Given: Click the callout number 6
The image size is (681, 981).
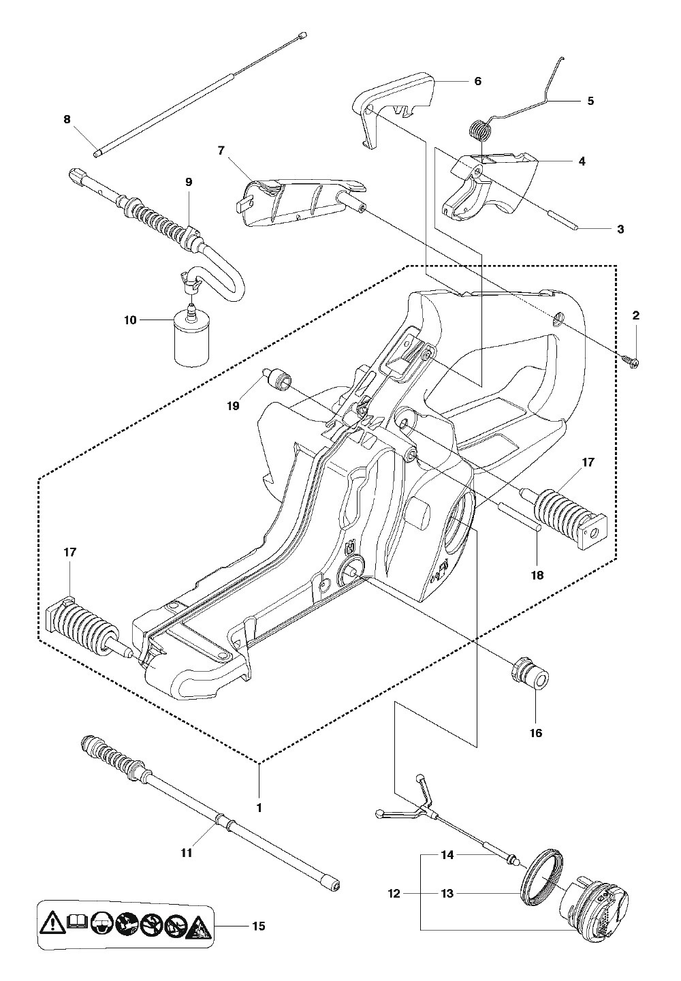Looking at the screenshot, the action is point(477,81).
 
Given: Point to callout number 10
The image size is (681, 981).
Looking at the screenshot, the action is point(130,320).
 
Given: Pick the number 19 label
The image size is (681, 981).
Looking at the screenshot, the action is point(234,406).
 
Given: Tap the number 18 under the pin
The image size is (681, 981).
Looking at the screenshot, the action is point(537,575).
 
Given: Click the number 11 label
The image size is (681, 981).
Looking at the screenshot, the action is point(187,853).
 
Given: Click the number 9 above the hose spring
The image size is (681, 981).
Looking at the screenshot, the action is point(189,182).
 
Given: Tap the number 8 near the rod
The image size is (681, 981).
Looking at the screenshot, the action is point(67,119).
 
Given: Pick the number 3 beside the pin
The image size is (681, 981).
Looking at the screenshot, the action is point(620,229).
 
